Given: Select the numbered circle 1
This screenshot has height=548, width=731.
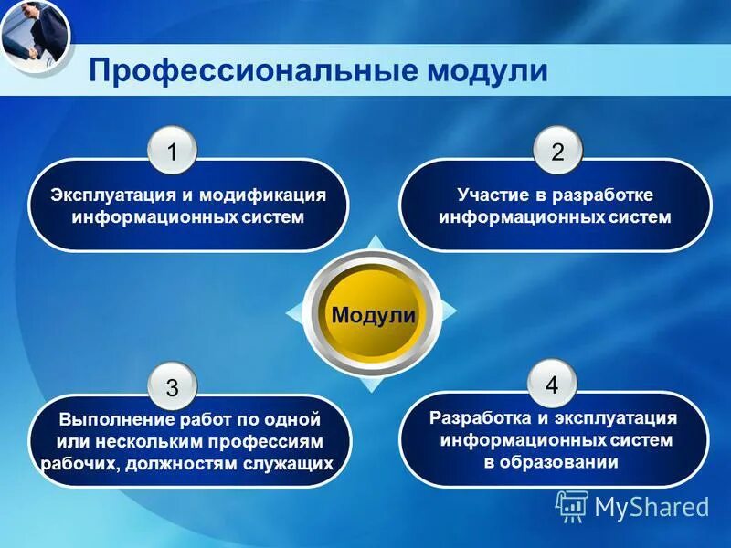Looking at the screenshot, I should point(173,152).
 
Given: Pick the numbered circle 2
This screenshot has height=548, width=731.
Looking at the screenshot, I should point(556,152).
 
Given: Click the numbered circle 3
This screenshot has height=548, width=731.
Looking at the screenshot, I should point(173,387).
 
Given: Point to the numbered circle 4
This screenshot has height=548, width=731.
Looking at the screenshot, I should point(551,384).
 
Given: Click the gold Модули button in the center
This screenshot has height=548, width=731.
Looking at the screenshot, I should point(373,316).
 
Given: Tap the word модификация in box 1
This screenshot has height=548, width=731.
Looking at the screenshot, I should point(262,196).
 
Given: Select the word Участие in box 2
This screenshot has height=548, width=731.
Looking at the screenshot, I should point(490,196).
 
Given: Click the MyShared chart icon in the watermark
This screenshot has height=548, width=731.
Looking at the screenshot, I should point(571,505).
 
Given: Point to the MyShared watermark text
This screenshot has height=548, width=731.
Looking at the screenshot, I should point(652,507).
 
